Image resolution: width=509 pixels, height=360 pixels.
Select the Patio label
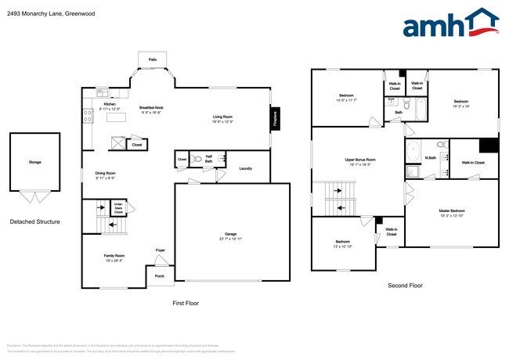(x=152, y=59)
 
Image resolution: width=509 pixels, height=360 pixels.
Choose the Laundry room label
(x=245, y=168)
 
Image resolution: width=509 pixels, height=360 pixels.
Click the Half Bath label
(x=208, y=157)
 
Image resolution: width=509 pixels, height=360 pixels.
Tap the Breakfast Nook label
(x=151, y=108)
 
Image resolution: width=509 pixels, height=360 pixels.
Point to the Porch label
(x=159, y=276)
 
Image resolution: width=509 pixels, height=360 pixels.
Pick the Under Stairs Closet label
(x=118, y=209)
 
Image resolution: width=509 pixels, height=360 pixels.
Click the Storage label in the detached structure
(x=34, y=162)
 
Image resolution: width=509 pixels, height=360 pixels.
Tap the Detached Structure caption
(x=34, y=221)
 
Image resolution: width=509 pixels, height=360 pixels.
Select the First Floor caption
(x=185, y=302)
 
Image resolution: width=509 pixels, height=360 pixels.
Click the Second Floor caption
(x=405, y=286)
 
